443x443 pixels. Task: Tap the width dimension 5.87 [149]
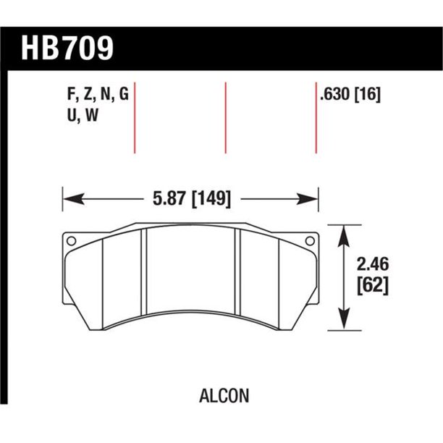pyautogui.click(x=192, y=198)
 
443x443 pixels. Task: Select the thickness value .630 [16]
pyautogui.click(x=349, y=94)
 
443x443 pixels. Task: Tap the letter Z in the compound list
pyautogui.click(x=85, y=94)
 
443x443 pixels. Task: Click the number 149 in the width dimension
pyautogui.click(x=214, y=198)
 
